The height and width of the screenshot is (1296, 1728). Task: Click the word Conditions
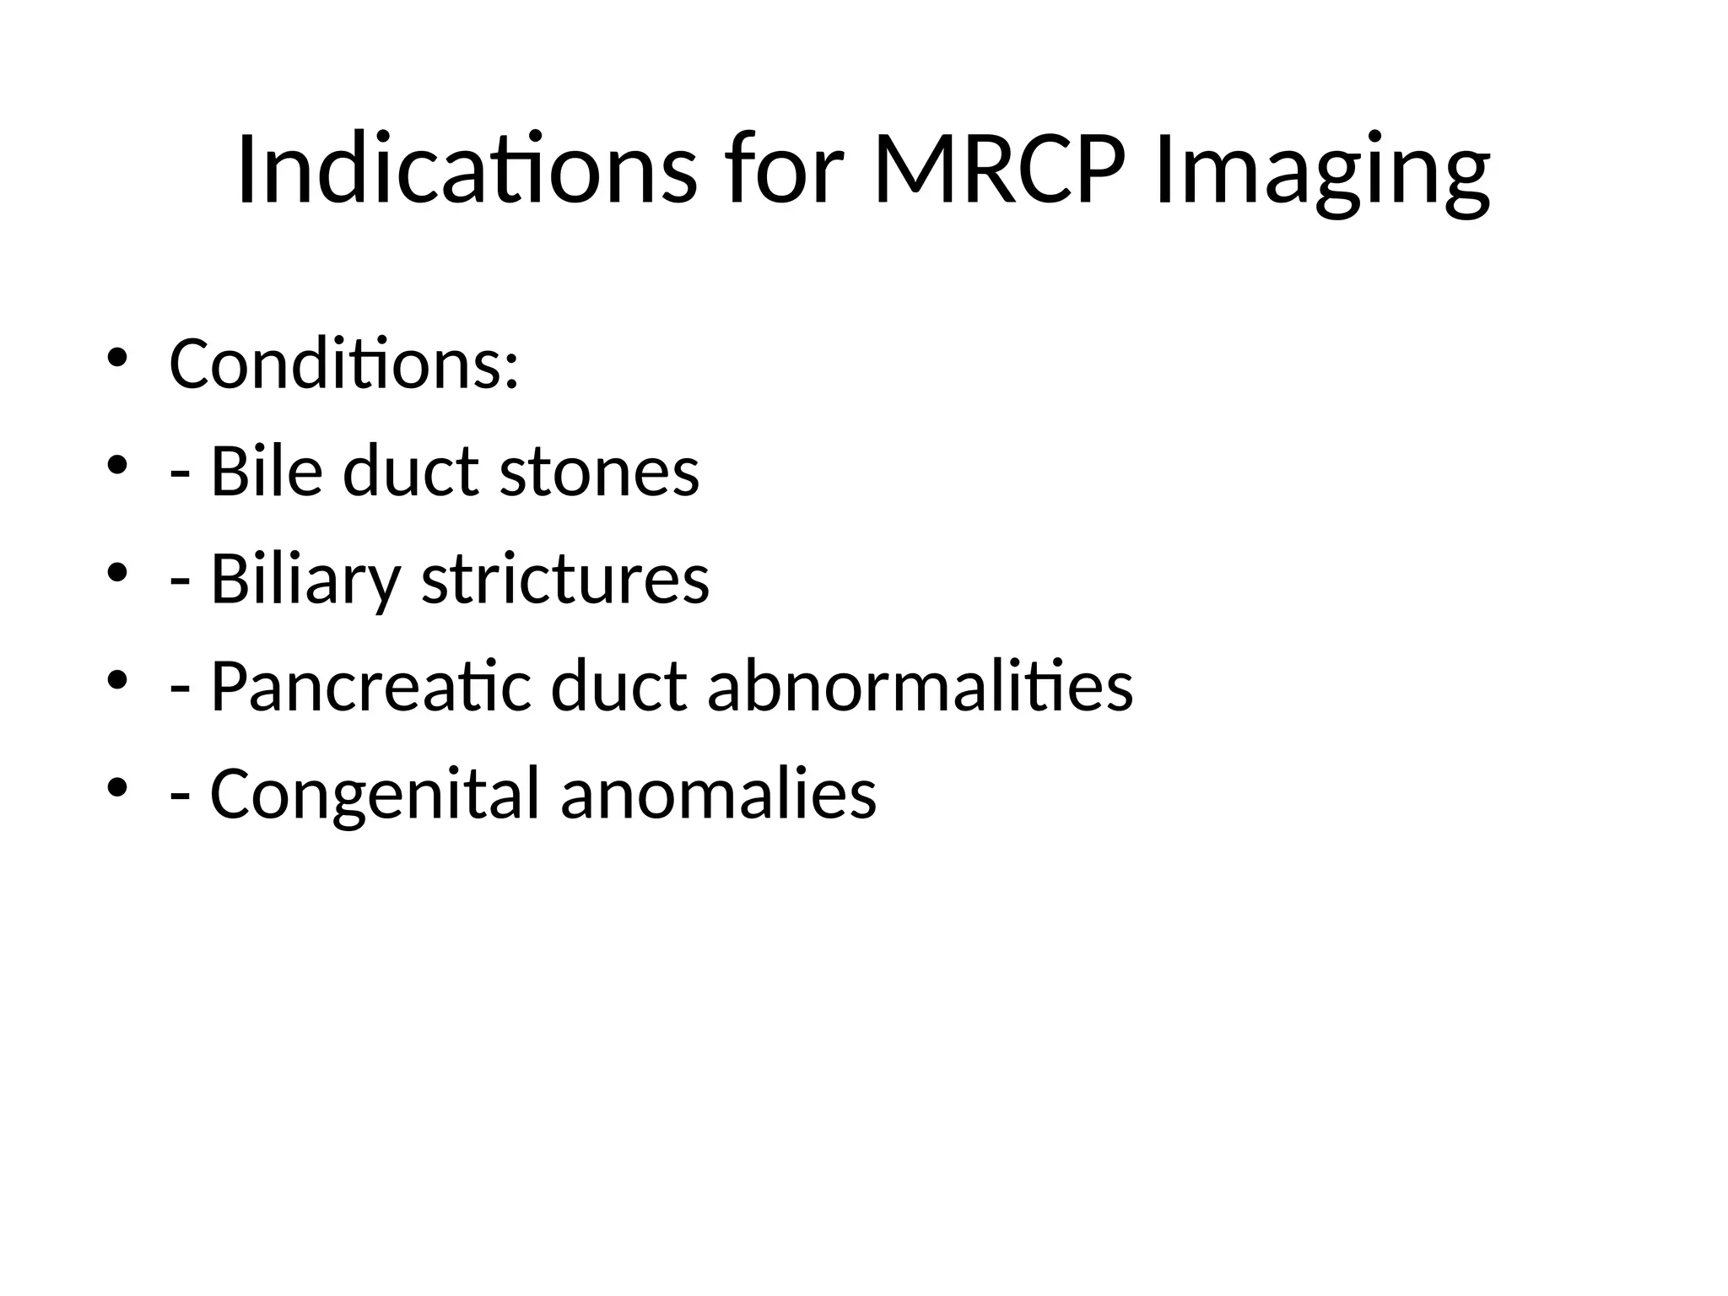point(343,364)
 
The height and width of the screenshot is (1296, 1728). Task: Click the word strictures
point(565,580)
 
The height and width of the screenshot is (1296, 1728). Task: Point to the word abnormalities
point(920,687)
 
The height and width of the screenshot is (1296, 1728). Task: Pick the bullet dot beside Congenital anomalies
point(116,788)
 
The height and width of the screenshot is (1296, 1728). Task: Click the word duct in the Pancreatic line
point(618,687)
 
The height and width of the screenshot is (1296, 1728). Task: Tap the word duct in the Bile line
point(411,471)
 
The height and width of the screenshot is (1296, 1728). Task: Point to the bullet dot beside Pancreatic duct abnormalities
point(116,680)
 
